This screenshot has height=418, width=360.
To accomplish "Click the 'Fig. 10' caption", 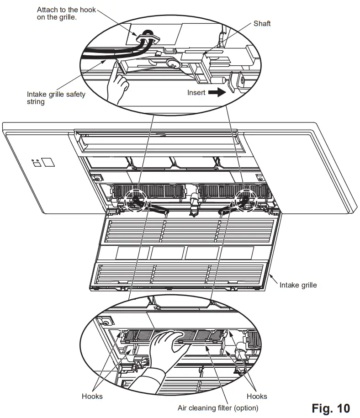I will click(331, 408).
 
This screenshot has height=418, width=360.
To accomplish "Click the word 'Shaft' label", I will click(262, 23).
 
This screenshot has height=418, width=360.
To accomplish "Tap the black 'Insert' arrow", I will click(217, 92).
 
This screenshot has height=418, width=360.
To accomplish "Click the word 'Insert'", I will click(196, 92).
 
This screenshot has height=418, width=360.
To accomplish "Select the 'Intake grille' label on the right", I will click(298, 285).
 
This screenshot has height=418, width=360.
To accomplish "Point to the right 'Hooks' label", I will click(256, 396).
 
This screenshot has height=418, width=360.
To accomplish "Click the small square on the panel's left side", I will click(47, 162).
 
